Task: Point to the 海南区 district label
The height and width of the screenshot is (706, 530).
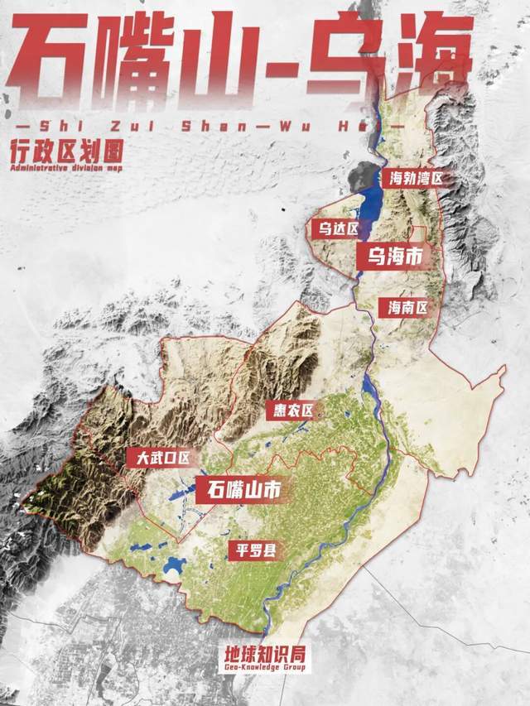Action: [x=407, y=308]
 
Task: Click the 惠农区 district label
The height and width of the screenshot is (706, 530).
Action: [x=293, y=410]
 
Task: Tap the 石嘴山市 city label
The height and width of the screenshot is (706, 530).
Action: [x=238, y=490]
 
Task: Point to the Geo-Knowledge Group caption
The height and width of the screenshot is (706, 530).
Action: [x=265, y=667]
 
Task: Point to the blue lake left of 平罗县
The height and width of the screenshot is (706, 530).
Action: [x=173, y=566]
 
